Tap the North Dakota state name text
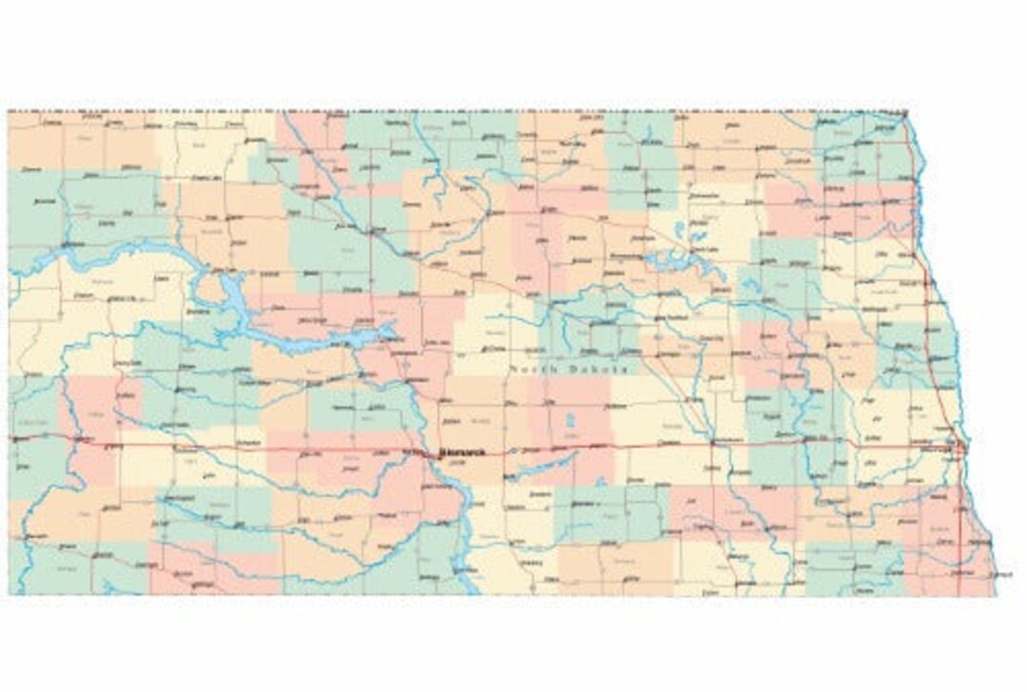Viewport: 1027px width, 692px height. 569,369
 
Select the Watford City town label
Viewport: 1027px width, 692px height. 121,299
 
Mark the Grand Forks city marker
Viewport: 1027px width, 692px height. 927,282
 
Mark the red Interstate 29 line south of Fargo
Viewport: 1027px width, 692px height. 959,513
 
